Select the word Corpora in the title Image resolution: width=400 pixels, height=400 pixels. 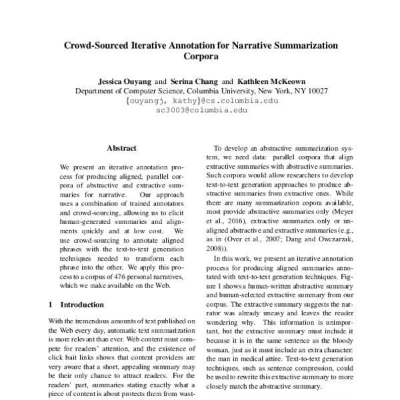[x=201, y=57]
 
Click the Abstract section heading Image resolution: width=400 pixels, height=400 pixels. [x=121, y=148]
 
